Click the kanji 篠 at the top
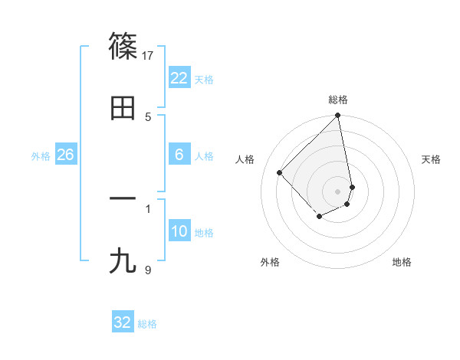pyautogui.click(x=123, y=47)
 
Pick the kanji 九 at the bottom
pyautogui.click(x=123, y=261)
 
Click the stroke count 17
pyautogui.click(x=148, y=55)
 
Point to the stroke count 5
pyautogui.click(x=148, y=116)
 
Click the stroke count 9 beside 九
pyautogui.click(x=148, y=269)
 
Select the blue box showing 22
pyautogui.click(x=179, y=78)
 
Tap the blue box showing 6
pyautogui.click(x=179, y=155)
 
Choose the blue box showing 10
pyautogui.click(x=179, y=231)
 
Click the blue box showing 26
pyautogui.click(x=65, y=155)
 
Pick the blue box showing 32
pyautogui.click(x=123, y=322)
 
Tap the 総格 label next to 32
pyautogui.click(x=147, y=324)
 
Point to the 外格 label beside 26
pyautogui.click(x=41, y=156)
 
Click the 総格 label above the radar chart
pyautogui.click(x=338, y=100)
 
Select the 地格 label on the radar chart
pyautogui.click(x=402, y=262)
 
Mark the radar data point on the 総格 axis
pyautogui.click(x=338, y=116)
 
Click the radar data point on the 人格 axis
pyautogui.click(x=280, y=172)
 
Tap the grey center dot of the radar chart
pyautogui.click(x=338, y=191)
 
